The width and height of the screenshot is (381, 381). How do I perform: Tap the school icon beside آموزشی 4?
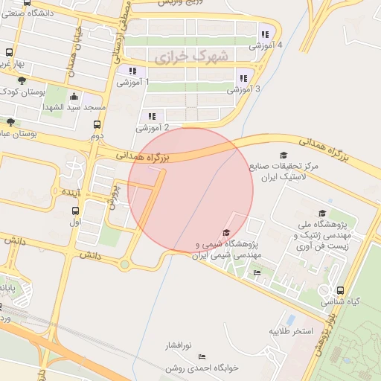coord(265,33)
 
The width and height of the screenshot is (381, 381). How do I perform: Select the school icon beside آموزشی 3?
coord(243,77)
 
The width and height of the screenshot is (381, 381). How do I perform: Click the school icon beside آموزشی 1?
coord(122,71)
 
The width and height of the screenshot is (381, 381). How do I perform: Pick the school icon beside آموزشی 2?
coord(152,116)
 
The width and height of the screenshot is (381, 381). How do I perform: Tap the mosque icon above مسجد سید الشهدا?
coord(74,97)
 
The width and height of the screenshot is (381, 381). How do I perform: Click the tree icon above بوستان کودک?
coord(22,80)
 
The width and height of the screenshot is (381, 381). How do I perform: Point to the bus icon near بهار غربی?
coord(9,54)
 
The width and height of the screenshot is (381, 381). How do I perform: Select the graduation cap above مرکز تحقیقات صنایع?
coord(284,155)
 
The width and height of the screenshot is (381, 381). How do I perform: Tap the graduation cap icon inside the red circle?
coord(226,233)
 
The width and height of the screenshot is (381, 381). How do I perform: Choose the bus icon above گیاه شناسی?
coord(340,291)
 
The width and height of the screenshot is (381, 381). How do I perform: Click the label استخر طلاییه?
coord(292,330)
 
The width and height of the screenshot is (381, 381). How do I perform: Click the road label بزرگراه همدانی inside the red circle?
coord(144,156)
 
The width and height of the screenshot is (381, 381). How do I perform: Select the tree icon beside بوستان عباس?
coord(10,122)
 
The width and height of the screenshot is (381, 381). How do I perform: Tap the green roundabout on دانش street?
coord(124,264)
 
